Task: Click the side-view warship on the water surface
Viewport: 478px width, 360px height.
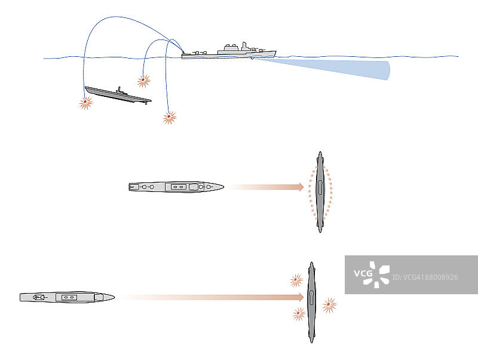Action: (x=229, y=52)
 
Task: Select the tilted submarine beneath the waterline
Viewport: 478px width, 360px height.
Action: (x=118, y=95)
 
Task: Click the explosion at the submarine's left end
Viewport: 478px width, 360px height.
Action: (x=85, y=102)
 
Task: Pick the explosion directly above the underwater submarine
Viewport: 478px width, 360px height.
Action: (x=143, y=81)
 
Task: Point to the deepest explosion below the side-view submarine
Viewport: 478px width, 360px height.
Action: (x=170, y=117)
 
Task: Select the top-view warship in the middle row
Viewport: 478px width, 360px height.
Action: (x=176, y=187)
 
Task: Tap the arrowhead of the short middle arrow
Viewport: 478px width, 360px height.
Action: (x=301, y=187)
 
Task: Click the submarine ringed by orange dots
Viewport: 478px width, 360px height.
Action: (x=320, y=192)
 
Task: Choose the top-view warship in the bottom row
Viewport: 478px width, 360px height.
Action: (x=67, y=297)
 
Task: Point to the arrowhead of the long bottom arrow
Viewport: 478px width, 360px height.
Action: (x=301, y=297)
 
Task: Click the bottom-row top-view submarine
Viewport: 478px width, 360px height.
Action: (x=311, y=302)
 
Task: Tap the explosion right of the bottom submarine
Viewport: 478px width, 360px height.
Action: (x=329, y=304)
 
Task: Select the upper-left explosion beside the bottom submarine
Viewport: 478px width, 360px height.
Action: (x=296, y=280)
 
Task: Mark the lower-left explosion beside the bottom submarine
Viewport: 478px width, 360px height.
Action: (x=299, y=314)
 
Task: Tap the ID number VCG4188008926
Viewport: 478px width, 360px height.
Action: (x=425, y=277)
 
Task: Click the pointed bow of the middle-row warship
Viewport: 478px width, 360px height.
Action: (x=223, y=187)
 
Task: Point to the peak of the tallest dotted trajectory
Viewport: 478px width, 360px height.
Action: (x=117, y=17)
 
